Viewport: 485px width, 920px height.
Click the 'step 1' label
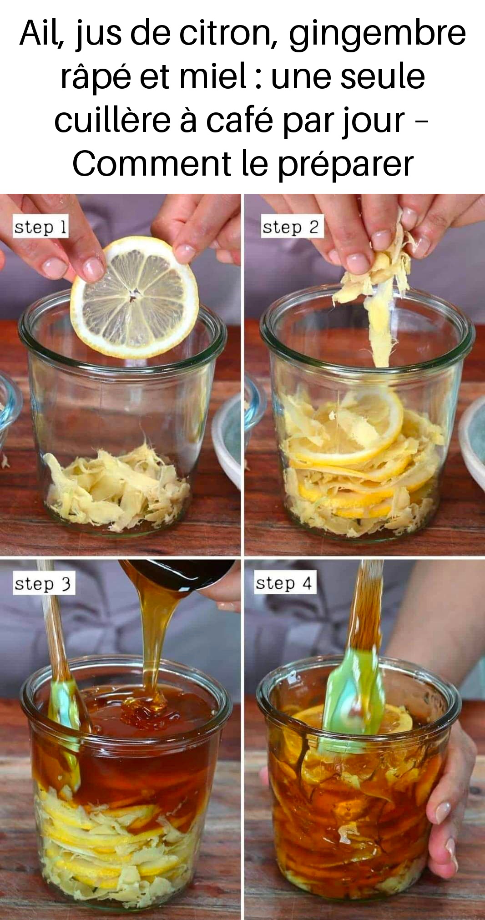(x=40, y=227)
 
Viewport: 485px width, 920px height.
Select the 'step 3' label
(x=43, y=584)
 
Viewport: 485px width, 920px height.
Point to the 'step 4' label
(x=284, y=583)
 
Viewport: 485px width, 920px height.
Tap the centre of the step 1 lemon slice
(x=133, y=298)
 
